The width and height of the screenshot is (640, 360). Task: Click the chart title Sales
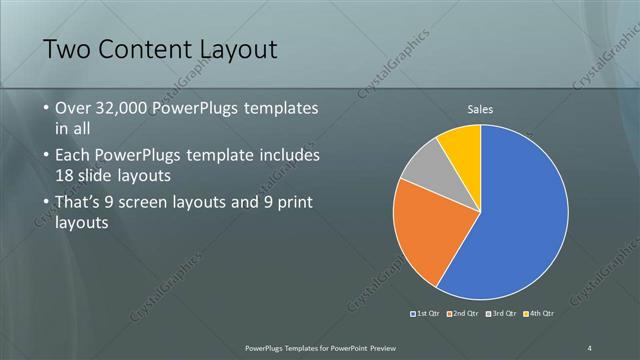(480, 110)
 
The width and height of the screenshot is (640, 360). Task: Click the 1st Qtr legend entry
(425, 313)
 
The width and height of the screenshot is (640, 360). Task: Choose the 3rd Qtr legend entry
(501, 313)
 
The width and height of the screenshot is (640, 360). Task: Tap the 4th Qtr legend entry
(538, 313)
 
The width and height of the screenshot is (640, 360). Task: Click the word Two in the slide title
(67, 50)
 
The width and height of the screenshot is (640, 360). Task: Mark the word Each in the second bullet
(73, 155)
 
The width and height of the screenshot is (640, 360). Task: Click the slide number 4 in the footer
(590, 347)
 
